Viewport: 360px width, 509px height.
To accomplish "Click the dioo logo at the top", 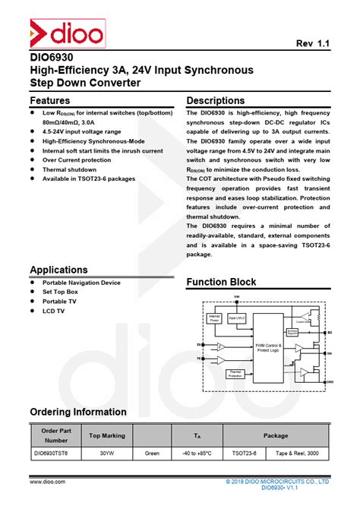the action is (x=66, y=34).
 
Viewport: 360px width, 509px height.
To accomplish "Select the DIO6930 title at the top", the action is (x=52, y=57).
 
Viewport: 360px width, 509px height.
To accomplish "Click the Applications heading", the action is (x=58, y=270).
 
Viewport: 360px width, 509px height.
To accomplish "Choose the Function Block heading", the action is (x=221, y=282).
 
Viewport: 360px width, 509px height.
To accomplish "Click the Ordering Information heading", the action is (x=78, y=412).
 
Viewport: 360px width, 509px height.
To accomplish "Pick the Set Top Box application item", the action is (x=60, y=292).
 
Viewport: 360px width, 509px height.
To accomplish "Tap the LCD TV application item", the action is (x=53, y=311).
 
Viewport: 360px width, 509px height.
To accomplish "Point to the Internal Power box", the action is (x=214, y=318).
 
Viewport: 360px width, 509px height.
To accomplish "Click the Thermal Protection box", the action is (x=235, y=373).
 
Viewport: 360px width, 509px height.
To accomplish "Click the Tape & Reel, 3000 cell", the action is (x=302, y=453).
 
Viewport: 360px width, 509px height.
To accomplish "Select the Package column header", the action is (x=275, y=435).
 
